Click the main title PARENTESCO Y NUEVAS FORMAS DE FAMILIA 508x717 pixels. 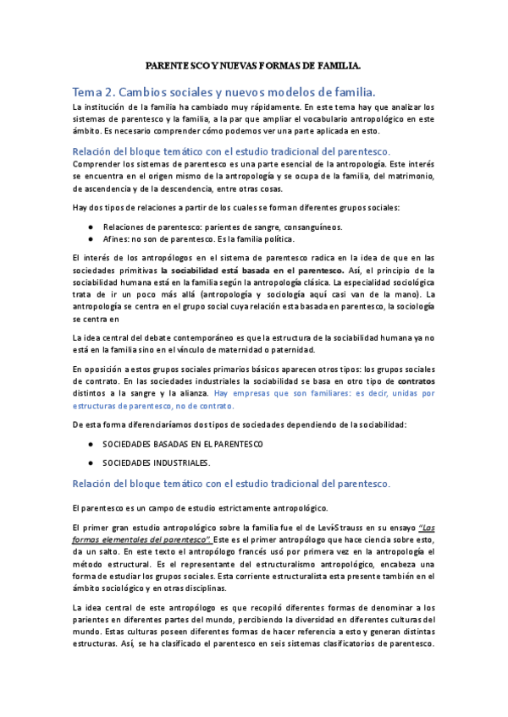click(x=253, y=64)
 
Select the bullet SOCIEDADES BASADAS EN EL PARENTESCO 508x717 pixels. click(x=182, y=443)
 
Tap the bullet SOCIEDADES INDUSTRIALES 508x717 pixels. click(x=157, y=462)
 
